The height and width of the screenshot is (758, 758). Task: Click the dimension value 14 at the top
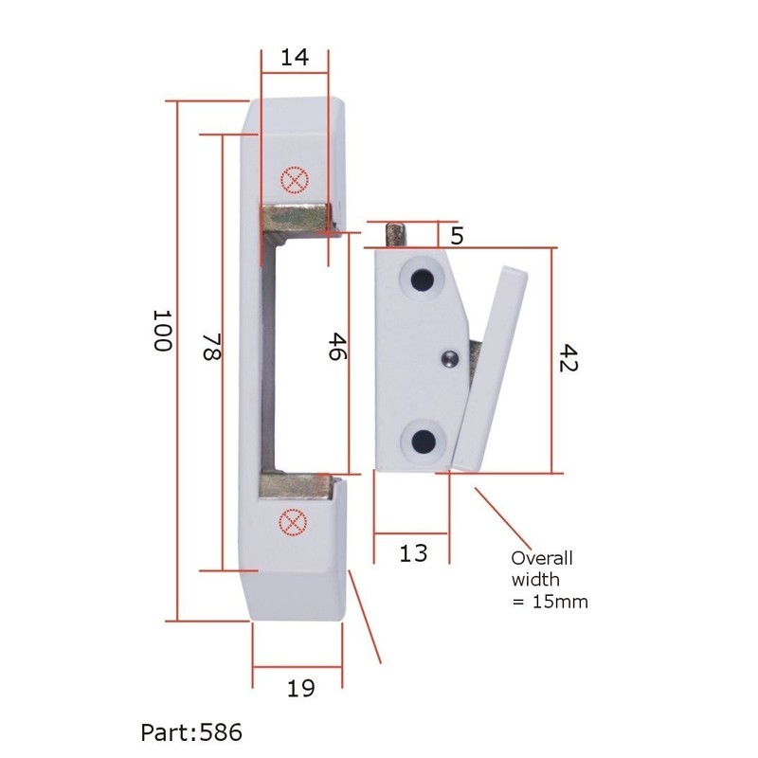pos(295,57)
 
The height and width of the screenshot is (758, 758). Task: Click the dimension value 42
pos(567,358)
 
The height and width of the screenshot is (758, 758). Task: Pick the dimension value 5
pos(457,236)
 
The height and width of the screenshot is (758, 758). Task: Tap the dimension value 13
pos(413,552)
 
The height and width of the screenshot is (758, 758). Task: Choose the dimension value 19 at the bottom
pos(299,689)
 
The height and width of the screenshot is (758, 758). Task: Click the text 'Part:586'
pos(191,732)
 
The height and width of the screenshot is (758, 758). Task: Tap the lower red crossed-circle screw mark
pos(294,522)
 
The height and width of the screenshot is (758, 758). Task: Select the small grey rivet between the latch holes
pos(451,357)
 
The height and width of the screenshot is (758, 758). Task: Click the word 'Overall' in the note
pos(543,558)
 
